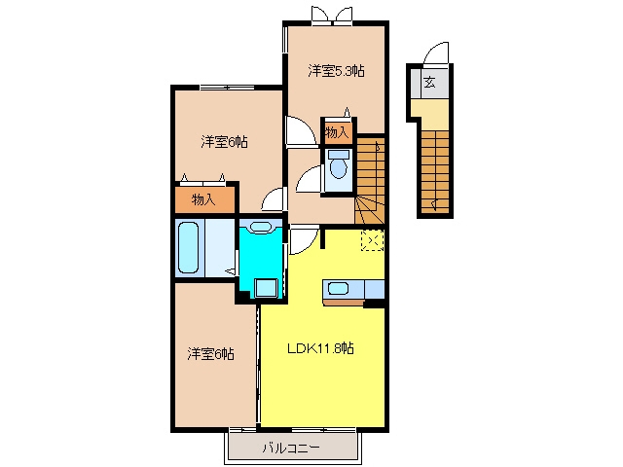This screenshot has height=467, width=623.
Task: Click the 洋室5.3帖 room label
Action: coord(336,71)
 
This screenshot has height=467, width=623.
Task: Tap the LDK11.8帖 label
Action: coord(320,348)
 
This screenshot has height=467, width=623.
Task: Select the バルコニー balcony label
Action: coord(291,449)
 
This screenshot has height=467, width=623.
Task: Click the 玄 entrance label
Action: coord(429,82)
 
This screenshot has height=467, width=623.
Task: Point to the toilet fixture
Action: coord(339,164)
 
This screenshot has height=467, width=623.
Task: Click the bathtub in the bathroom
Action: coord(188,248)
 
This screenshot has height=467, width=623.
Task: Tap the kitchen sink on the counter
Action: coord(338,288)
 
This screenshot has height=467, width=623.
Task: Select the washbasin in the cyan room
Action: coord(261,228)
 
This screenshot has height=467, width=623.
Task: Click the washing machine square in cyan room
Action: coord(266,288)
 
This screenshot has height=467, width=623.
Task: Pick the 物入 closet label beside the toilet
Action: coord(337,132)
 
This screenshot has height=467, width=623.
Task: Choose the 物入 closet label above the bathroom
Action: coord(203,199)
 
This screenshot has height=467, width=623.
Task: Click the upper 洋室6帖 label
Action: coord(224,142)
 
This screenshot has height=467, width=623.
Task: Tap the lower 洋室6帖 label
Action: coord(210,354)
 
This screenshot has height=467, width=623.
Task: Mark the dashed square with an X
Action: coord(372,240)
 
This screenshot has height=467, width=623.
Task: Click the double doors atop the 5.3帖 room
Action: coord(332,15)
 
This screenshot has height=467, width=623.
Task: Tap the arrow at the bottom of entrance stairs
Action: coord(435,204)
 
